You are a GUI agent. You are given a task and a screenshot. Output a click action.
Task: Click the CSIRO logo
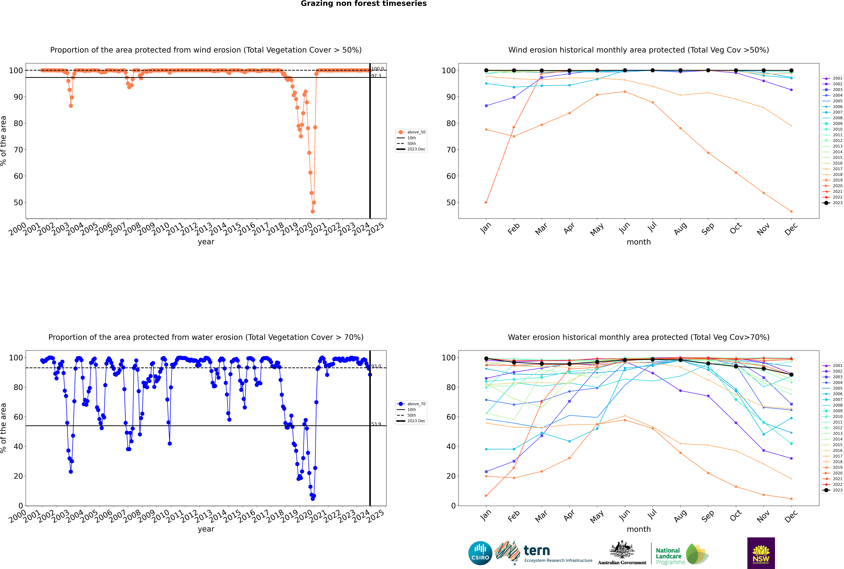point(480,553)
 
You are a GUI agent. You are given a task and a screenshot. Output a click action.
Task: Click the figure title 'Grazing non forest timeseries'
point(364,4)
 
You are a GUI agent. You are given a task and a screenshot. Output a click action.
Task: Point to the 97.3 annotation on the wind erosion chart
point(376,76)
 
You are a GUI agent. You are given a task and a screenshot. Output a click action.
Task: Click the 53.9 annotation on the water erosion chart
point(376,424)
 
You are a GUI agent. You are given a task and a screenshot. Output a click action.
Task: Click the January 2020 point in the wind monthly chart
point(486,202)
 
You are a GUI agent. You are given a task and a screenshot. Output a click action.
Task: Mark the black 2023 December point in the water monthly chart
point(791,374)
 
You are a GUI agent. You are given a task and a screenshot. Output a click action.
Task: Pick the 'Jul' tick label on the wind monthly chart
point(652,227)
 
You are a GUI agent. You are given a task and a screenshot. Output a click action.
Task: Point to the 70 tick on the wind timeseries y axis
point(18,149)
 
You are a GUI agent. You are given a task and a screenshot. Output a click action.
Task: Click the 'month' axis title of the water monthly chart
point(639,529)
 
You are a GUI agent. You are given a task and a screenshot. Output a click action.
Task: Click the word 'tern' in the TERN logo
point(537,551)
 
